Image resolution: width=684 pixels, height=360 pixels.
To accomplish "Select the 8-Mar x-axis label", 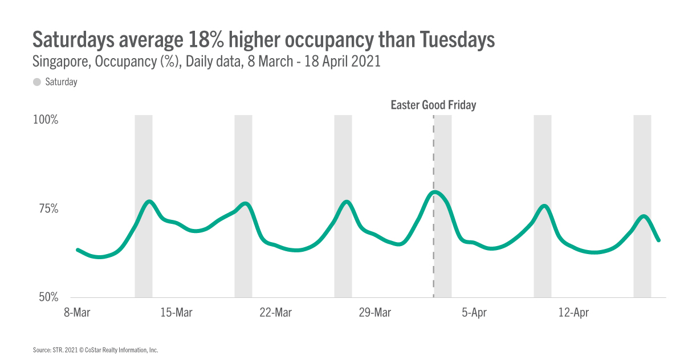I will [x=76, y=313].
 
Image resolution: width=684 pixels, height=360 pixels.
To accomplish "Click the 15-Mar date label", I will [x=176, y=313].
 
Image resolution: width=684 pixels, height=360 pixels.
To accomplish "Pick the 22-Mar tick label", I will [x=275, y=313].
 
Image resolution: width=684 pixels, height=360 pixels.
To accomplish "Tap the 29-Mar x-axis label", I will [x=375, y=313].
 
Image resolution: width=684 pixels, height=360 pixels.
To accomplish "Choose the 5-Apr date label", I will [x=474, y=313].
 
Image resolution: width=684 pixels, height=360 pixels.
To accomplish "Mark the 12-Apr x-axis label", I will [x=573, y=313].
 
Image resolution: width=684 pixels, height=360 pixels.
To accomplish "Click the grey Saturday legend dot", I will [x=37, y=82].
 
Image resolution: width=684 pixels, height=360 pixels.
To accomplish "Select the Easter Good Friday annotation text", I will [x=433, y=105].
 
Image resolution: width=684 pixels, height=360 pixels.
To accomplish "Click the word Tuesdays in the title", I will [x=458, y=40].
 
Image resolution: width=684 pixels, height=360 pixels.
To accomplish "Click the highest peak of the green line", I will [x=434, y=192].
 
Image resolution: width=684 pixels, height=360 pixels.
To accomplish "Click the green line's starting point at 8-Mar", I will [x=78, y=250].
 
